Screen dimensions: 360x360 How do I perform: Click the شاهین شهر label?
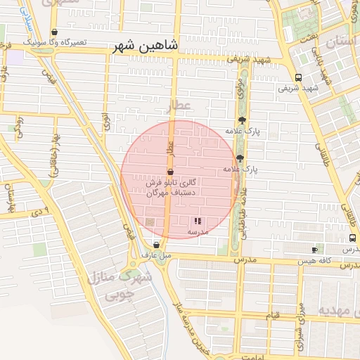pos(146,46)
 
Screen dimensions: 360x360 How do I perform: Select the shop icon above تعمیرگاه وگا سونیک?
pos(55,32)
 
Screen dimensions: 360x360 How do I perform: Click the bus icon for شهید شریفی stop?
pos(299,78)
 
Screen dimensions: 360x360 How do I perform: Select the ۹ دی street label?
pos(41,210)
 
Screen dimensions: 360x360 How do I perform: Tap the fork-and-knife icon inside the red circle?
pos(198,221)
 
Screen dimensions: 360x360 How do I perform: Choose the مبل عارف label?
pos(156,255)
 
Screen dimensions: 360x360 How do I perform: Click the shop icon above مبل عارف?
pos(155,245)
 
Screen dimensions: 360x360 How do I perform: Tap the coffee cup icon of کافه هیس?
pos(314,250)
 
